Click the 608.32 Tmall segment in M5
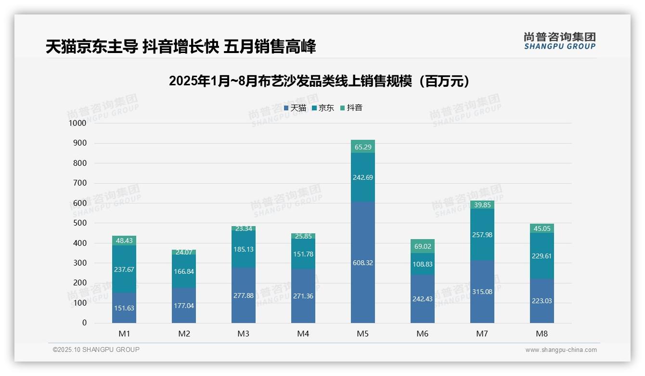click(362, 263)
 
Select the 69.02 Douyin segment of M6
click(422, 246)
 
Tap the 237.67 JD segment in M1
click(124, 269)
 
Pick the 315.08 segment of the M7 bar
click(482, 292)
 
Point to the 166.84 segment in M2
click(184, 271)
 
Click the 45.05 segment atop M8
click(542, 228)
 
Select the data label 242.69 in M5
click(362, 177)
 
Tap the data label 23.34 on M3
click(244, 228)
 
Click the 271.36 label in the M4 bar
click(303, 296)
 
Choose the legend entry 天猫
click(295, 108)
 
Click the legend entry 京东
click(323, 108)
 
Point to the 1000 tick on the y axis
click(77, 123)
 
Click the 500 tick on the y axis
click(79, 223)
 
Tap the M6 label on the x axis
click(422, 334)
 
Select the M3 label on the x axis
click(244, 334)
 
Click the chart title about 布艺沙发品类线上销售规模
click(319, 81)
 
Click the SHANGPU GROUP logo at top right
click(559, 41)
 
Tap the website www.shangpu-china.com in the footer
click(561, 350)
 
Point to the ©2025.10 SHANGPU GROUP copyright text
click(96, 349)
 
